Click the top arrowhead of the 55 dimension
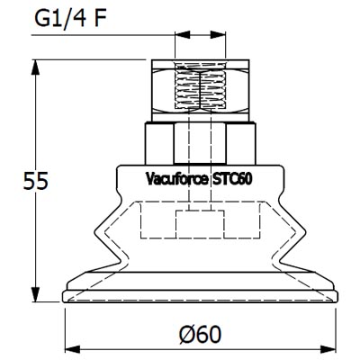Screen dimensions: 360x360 (37, 66)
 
